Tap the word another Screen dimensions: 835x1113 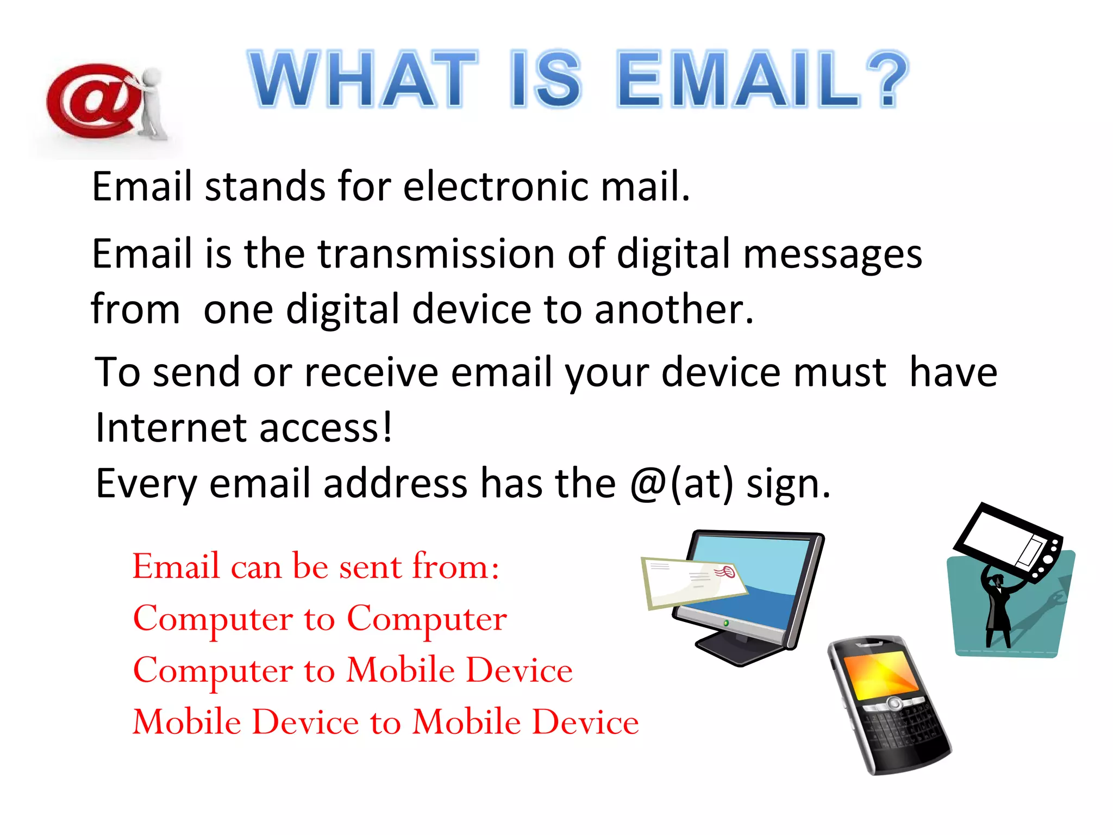674,309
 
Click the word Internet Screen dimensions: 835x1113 171,428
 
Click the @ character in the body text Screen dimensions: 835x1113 649,483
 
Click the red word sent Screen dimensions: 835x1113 370,566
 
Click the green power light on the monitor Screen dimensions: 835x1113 726,623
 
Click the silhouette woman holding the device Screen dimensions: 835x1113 998,609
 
